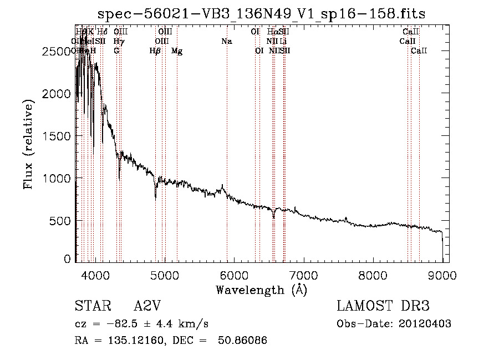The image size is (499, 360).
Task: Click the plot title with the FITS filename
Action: [x=262, y=14]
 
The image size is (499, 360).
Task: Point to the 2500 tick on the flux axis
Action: [x=57, y=51]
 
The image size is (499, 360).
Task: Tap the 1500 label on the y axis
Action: [x=57, y=136]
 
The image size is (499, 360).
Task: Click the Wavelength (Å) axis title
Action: [x=261, y=290]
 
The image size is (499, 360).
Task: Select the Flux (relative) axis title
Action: [x=28, y=144]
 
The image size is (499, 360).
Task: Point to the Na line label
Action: [x=226, y=41]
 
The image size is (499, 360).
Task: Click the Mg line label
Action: [x=177, y=51]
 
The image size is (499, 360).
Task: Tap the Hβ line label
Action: [x=155, y=51]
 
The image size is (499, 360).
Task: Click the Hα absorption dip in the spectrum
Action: [x=273, y=216]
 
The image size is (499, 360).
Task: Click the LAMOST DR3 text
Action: [x=383, y=307]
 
